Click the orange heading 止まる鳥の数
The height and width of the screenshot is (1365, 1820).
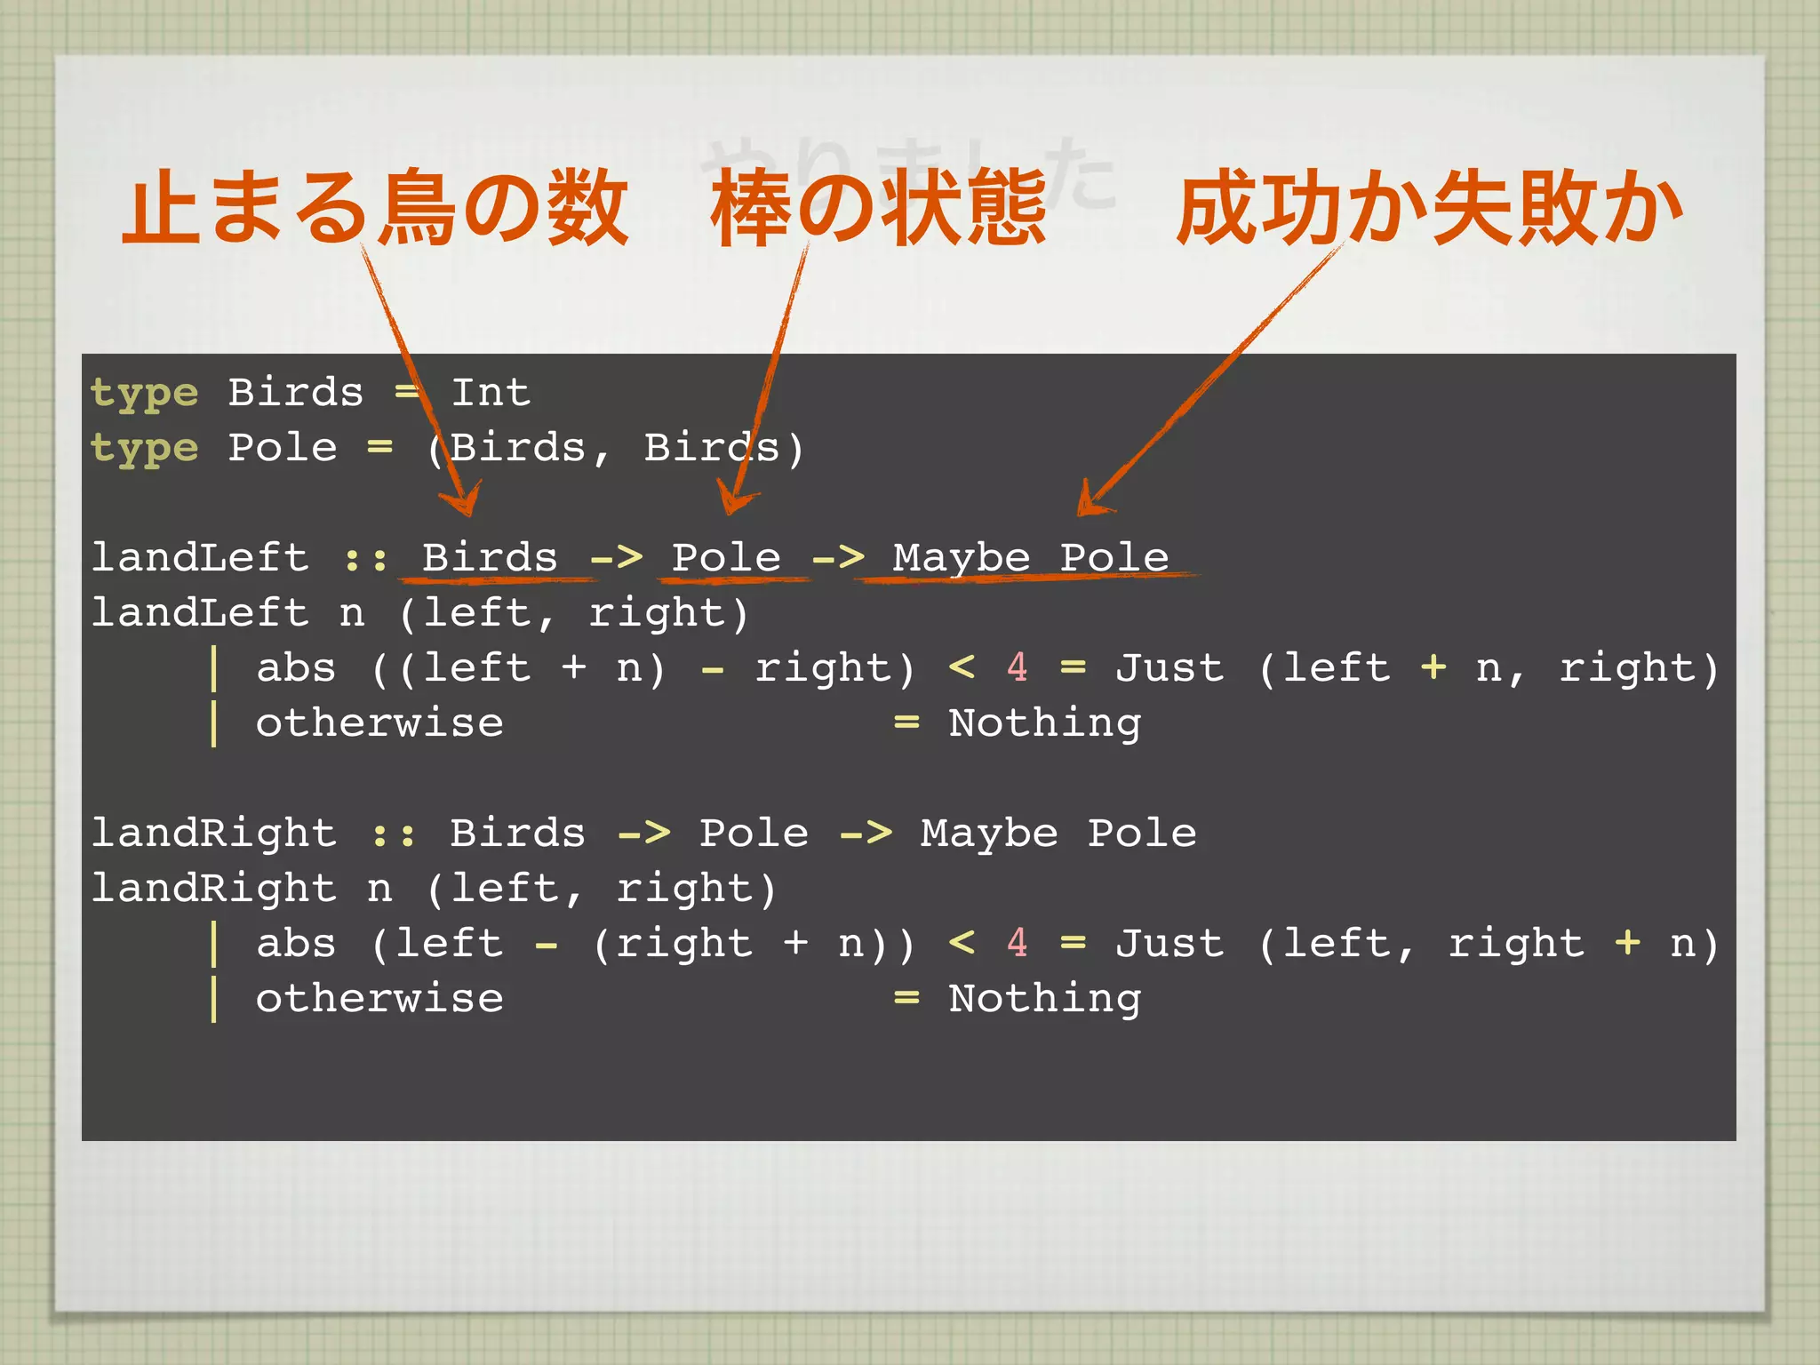(375, 208)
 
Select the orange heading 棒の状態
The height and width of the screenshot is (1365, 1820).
(878, 208)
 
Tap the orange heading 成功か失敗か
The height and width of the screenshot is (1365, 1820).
(1429, 208)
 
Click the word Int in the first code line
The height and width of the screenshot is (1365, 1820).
(491, 393)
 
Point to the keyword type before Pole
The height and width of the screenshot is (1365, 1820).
(144, 448)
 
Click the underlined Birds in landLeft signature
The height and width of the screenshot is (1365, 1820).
(490, 558)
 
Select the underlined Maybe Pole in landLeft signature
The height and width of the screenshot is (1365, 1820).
(1030, 558)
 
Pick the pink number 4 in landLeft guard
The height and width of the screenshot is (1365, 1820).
(1017, 667)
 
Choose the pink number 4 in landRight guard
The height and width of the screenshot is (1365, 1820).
(1017, 943)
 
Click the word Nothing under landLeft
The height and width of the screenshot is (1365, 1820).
(1044, 723)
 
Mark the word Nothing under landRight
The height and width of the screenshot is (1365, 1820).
(1044, 999)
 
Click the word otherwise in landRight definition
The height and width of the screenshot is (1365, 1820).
(379, 999)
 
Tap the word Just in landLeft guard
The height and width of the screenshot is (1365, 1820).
(1169, 667)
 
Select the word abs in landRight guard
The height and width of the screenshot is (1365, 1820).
(296, 943)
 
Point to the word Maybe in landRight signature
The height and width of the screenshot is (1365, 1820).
(989, 834)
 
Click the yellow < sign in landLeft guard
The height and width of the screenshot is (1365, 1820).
(962, 667)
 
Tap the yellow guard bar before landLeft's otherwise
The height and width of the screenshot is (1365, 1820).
(214, 723)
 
